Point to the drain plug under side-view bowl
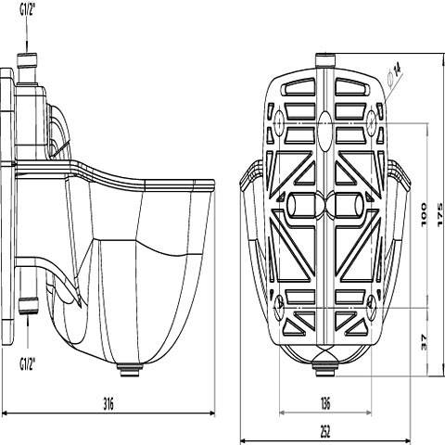126,368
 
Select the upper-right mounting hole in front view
372,121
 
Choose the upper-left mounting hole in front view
279,121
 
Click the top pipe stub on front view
324,63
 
